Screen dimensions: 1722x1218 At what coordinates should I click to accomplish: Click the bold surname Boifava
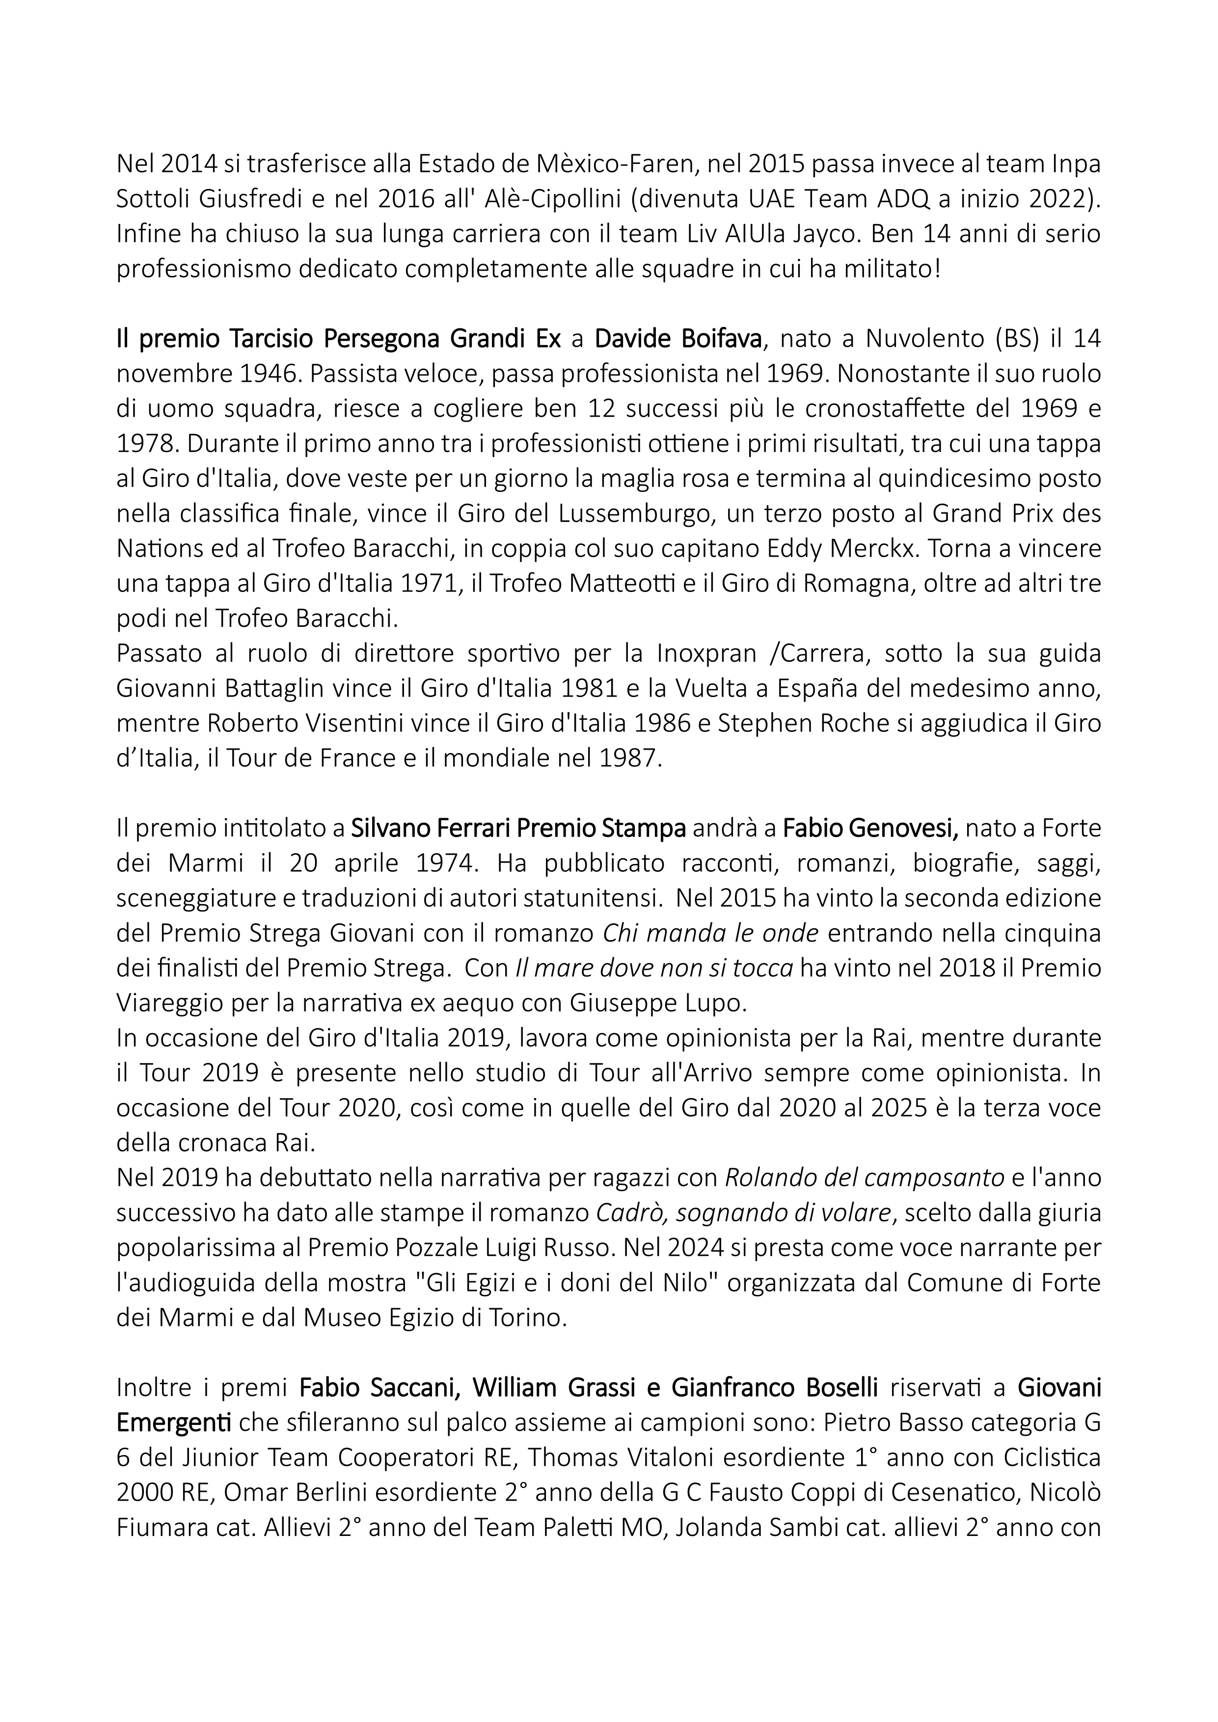coord(717,339)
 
